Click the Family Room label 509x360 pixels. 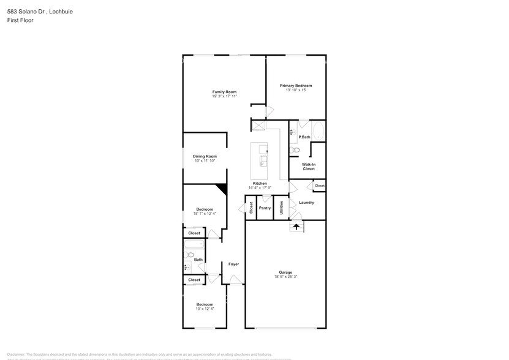(x=224, y=92)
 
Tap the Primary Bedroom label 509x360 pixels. (x=296, y=86)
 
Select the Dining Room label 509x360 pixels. (x=205, y=156)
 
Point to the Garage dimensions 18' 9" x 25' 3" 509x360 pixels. (x=285, y=277)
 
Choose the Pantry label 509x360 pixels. (x=265, y=208)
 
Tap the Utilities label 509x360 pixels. (x=281, y=208)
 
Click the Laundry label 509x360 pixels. (x=306, y=203)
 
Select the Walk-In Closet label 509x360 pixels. (x=308, y=167)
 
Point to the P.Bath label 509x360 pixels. (x=304, y=137)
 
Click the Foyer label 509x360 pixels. (x=233, y=264)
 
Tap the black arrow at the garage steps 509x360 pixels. (x=296, y=227)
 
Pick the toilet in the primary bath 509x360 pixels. (x=295, y=149)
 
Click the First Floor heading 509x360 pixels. (x=20, y=20)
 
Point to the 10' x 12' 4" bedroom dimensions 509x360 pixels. (x=205, y=309)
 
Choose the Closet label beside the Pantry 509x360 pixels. (x=251, y=208)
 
